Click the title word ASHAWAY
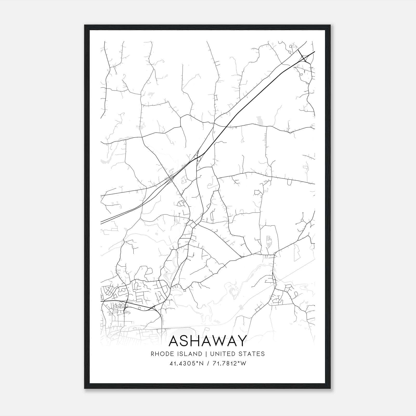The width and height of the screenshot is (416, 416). pos(207,341)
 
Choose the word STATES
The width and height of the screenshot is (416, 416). pos(251,354)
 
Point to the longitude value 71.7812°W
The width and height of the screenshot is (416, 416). pos(229,363)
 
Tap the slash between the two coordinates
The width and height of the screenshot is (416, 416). pos(207,363)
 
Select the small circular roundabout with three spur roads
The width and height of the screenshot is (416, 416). pos(302,220)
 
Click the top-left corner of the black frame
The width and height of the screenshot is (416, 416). pos(85,25)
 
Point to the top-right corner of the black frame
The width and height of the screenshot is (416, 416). pos(330,25)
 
